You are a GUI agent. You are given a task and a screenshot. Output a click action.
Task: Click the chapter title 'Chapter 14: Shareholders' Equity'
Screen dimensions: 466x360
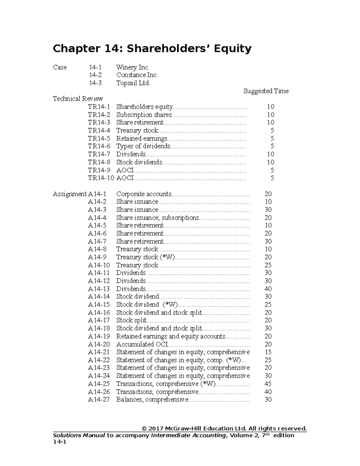tap(152, 48)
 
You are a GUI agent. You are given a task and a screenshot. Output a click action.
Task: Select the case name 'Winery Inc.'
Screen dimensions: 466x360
tap(132, 67)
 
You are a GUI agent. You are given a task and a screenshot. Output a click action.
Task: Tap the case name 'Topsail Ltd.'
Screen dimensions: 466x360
tap(133, 83)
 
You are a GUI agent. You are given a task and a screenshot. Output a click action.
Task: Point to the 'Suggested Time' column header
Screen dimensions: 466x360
tap(266, 91)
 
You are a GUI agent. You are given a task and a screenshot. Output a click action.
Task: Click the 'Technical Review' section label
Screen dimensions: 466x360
tap(78, 99)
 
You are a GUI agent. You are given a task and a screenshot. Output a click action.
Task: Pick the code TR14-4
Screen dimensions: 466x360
tap(99, 131)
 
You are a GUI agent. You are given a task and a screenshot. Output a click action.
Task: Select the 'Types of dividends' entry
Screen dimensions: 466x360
tap(143, 146)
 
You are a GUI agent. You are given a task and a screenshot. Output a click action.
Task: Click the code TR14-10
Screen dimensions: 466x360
tap(101, 178)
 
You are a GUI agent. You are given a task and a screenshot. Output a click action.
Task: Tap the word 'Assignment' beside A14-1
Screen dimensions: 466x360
tap(70, 194)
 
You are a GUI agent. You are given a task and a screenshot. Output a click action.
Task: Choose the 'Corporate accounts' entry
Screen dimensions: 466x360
tap(144, 194)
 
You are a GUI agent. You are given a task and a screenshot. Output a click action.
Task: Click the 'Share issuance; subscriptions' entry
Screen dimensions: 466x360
tap(157, 218)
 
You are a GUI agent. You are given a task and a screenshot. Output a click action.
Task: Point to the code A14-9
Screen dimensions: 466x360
tap(97, 257)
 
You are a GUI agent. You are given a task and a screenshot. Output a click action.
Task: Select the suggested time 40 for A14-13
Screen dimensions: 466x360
tap(268, 289)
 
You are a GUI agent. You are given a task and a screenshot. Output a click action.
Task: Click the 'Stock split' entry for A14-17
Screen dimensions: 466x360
tap(131, 320)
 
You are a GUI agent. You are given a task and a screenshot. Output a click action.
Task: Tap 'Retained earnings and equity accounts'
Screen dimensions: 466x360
tap(171, 336)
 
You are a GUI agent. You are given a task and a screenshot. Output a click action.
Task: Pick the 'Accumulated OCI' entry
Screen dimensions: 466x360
tap(142, 344)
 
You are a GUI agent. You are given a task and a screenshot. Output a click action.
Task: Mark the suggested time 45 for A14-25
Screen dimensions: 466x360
tap(268, 384)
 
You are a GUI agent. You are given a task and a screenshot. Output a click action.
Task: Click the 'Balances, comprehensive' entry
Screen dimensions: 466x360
tap(152, 400)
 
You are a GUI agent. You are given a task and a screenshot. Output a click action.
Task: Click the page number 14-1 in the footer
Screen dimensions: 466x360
tap(59, 442)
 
